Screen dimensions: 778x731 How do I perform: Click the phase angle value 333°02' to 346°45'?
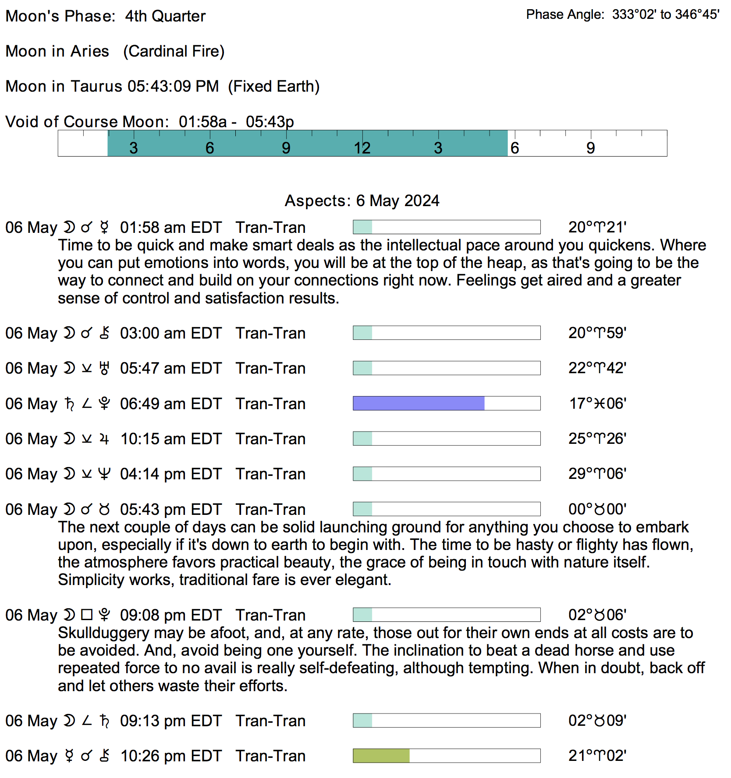665,14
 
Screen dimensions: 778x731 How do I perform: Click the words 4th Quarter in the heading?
165,16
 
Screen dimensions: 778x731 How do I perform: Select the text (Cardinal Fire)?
174,51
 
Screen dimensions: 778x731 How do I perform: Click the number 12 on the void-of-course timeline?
362,148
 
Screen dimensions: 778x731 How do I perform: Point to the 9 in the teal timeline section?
286,148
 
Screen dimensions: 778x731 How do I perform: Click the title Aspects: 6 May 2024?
362,200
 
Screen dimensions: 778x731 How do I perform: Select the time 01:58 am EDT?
171,228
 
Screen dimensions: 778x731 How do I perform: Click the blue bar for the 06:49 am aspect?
419,403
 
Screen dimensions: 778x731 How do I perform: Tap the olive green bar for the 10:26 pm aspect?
381,756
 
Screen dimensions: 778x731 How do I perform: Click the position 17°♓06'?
597,403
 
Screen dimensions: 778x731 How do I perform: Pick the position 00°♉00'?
597,509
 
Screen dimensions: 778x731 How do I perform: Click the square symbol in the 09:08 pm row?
87,615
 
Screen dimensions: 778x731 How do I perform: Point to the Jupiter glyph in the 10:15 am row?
104,439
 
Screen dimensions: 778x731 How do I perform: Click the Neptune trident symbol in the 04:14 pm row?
104,474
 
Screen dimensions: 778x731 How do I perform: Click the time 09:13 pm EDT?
171,721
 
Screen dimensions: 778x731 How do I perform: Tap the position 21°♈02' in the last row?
597,756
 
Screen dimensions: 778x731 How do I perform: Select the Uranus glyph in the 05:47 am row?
104,368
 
